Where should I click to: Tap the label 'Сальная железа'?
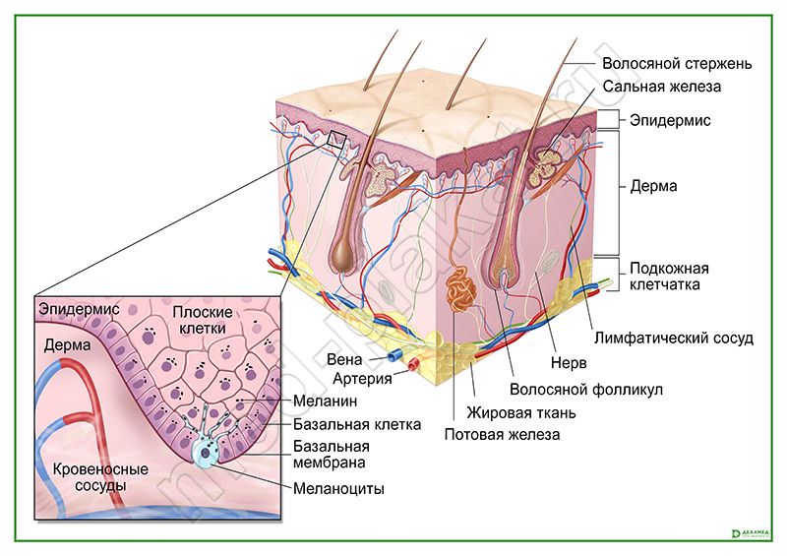tap(663, 87)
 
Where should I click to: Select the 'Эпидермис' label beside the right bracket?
tap(670, 120)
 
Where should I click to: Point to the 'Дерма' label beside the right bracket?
tap(653, 186)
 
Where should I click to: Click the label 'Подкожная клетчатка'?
tap(669, 277)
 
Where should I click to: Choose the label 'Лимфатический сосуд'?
tap(674, 339)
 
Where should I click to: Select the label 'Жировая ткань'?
tap(520, 412)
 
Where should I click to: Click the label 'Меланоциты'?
tap(338, 488)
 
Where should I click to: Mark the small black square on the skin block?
tap(337, 140)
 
